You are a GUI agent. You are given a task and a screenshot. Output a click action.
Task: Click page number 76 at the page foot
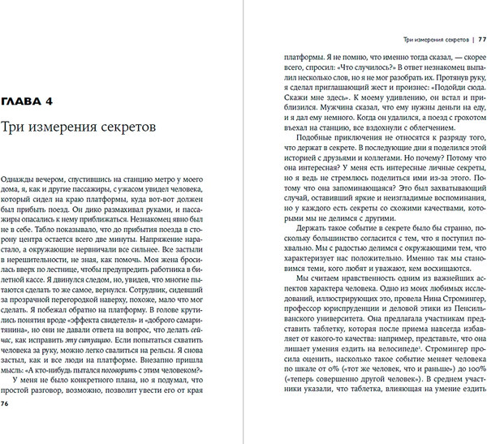(6, 424)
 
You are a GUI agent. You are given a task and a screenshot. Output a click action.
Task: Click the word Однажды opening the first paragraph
(22, 177)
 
